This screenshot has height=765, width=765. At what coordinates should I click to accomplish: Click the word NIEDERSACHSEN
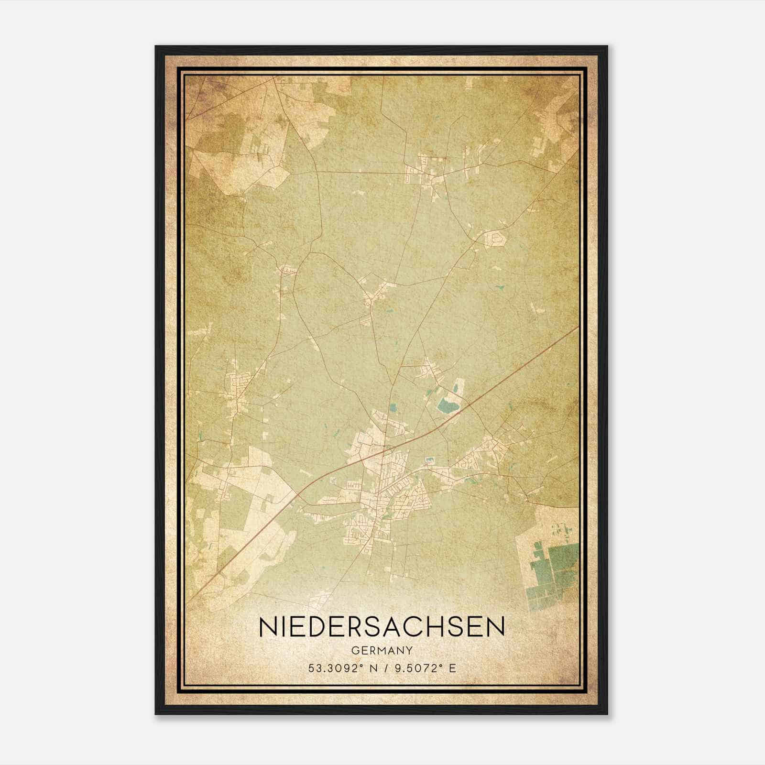[x=382, y=627]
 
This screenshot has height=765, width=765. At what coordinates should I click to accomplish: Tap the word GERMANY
[x=382, y=650]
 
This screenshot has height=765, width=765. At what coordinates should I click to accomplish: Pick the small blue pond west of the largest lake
[x=393, y=408]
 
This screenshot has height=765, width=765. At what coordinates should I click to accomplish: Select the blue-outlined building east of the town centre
[x=428, y=460]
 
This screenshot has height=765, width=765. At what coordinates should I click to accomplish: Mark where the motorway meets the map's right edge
[x=578, y=327]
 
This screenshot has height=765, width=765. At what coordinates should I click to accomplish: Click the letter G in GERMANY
[x=354, y=650]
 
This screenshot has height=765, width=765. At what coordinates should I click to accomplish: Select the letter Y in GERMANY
[x=409, y=650]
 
